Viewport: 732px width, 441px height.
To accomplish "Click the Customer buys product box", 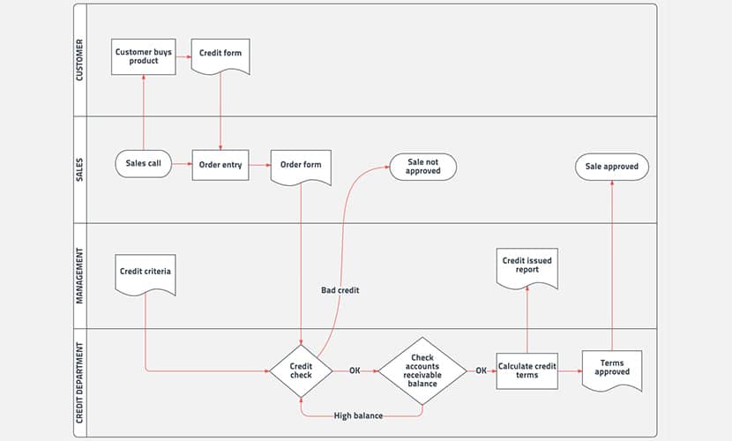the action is tap(144, 56).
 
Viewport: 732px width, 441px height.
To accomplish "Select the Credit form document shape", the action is tap(220, 56).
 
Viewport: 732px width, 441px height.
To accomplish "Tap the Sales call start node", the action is tap(144, 163).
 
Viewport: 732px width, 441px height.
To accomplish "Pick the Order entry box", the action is tap(220, 165).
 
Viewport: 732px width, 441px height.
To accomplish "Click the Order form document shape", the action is tap(301, 167).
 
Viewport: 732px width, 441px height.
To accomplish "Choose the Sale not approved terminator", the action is tap(423, 167).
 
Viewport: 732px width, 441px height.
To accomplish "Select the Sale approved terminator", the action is tap(611, 167).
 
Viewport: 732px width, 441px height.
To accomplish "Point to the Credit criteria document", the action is tap(146, 274).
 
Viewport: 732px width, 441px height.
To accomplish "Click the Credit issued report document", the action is tap(527, 268).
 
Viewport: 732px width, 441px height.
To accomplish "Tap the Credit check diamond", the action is tap(301, 371).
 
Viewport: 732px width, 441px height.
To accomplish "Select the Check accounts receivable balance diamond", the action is tap(422, 371).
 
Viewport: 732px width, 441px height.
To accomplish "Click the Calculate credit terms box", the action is tap(527, 371).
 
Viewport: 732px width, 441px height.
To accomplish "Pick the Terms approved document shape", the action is tap(612, 370).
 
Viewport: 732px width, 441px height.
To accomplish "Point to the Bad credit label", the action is tap(340, 290).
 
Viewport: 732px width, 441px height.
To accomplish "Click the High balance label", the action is tap(358, 415).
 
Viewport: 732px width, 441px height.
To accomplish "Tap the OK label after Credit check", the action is tap(355, 370).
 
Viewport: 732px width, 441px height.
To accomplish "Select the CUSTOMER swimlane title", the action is tap(79, 60).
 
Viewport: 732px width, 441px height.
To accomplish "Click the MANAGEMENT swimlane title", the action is tap(79, 276).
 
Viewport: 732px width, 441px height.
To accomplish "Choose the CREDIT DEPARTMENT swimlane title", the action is tap(79, 383).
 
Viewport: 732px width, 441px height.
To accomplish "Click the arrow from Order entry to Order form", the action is tap(260, 165).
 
